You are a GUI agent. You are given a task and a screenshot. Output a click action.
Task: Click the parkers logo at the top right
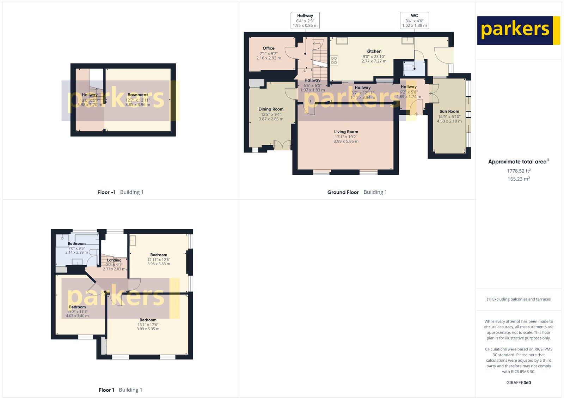click(x=518, y=30)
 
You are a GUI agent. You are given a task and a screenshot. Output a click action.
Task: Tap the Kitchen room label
click(x=374, y=51)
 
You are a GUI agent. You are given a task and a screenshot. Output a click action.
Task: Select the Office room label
click(x=268, y=48)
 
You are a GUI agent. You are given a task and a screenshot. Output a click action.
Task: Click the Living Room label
click(x=346, y=132)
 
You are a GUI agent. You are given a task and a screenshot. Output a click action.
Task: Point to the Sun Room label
click(x=449, y=111)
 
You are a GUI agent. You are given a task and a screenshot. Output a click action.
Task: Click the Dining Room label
click(x=271, y=109)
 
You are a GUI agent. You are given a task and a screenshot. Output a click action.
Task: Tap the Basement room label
click(x=137, y=95)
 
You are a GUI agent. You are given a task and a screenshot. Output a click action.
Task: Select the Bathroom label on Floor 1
click(x=76, y=243)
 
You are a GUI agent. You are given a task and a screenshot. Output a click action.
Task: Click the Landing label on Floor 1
click(x=114, y=260)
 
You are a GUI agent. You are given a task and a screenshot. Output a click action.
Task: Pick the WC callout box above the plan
click(x=414, y=20)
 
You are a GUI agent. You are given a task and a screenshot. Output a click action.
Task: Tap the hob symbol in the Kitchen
click(x=334, y=60)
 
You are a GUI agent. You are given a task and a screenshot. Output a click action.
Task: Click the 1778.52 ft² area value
click(x=519, y=171)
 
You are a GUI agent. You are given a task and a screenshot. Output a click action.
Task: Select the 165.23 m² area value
click(x=519, y=179)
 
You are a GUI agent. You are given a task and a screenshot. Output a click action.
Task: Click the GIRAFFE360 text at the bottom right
click(x=519, y=382)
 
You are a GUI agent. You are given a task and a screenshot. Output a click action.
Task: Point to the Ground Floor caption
click(x=343, y=192)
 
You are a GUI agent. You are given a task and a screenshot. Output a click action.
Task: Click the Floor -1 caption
click(x=106, y=192)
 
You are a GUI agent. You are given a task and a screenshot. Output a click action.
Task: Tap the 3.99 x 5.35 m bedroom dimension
click(x=148, y=329)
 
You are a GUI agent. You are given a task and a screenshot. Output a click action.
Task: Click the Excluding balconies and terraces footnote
click(x=519, y=299)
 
